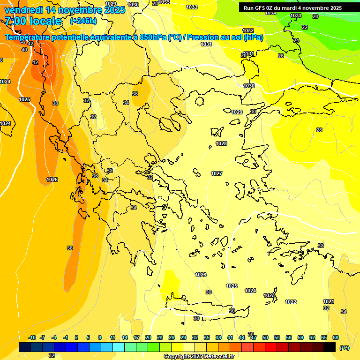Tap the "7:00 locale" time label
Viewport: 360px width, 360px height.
33,21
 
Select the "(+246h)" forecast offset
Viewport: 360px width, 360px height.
83,21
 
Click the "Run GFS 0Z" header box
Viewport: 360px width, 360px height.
292,7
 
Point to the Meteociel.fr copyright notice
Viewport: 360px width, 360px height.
199,356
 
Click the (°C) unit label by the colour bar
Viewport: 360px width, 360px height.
344,348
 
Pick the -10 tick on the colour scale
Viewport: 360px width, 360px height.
32,337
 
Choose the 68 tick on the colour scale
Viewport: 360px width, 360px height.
336,337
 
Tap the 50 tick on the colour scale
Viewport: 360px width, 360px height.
265,337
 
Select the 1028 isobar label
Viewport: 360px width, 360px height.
221,143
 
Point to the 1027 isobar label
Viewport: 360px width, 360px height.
217,173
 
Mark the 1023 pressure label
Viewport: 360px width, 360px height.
269,295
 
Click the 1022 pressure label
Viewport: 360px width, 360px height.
291,302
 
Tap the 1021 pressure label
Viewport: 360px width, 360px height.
329,301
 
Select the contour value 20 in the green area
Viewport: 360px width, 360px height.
315,16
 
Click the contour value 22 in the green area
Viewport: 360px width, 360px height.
305,27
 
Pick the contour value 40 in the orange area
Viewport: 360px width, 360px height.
24,49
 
